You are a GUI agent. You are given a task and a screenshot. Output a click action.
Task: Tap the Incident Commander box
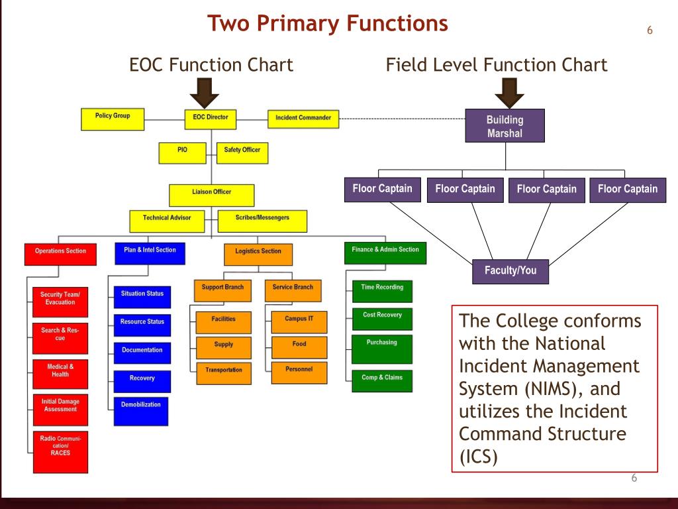tap(303, 118)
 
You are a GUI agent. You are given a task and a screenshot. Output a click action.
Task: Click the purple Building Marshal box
tap(505, 126)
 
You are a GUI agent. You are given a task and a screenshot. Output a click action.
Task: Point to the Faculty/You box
tap(510, 271)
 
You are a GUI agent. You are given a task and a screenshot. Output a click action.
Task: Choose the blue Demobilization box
tap(141, 410)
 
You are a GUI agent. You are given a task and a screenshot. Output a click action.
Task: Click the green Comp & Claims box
tap(382, 380)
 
